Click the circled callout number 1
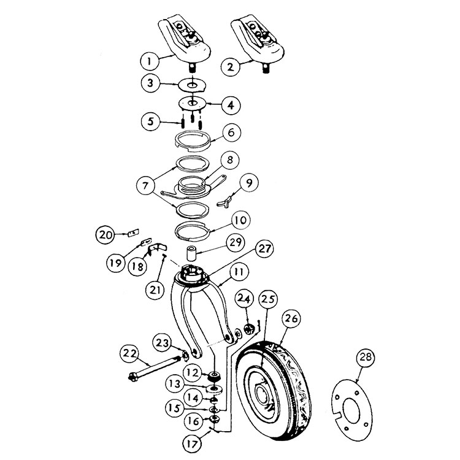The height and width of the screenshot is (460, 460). click(149, 61)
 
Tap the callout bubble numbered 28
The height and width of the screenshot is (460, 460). click(366, 357)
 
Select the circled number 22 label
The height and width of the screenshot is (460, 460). click(129, 354)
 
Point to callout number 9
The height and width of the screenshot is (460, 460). click(249, 183)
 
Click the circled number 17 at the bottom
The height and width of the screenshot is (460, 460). click(193, 444)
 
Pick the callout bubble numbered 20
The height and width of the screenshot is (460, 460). click(105, 235)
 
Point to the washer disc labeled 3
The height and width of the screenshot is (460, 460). click(192, 85)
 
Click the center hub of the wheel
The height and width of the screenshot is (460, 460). click(261, 394)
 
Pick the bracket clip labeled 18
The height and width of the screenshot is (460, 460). click(156, 250)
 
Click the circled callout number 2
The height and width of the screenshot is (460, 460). click(230, 67)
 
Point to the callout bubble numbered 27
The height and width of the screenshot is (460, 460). click(264, 248)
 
